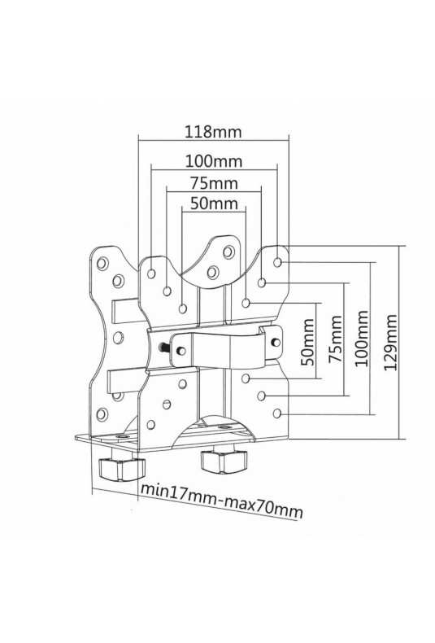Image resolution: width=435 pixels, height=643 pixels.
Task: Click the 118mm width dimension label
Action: [x=213, y=132]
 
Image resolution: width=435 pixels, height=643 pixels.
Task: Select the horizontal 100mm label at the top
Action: [x=214, y=161]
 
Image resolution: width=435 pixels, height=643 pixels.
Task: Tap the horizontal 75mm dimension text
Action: [x=214, y=183]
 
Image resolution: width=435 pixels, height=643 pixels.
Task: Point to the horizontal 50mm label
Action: [x=214, y=203]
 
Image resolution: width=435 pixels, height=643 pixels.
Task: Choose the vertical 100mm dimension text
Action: [x=362, y=339]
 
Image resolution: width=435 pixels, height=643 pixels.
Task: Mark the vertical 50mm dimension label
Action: [x=308, y=342]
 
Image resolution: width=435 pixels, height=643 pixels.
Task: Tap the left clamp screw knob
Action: [x=121, y=468]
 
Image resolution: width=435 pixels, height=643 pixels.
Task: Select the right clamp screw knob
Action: [x=224, y=461]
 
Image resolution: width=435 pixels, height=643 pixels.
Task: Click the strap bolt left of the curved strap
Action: [x=164, y=347]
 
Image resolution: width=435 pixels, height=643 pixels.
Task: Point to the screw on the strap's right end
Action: [x=276, y=341]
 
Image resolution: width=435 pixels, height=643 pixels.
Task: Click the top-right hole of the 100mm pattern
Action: [x=277, y=262]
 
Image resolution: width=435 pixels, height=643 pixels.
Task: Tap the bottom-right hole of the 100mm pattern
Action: [x=277, y=413]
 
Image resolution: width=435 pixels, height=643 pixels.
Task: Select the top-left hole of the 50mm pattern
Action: [x=183, y=308]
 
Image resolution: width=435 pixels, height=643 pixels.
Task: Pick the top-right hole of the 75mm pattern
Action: [x=262, y=282]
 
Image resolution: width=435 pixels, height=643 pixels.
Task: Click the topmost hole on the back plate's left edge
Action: [x=102, y=262]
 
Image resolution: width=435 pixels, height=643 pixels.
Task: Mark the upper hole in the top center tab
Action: [x=228, y=252]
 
